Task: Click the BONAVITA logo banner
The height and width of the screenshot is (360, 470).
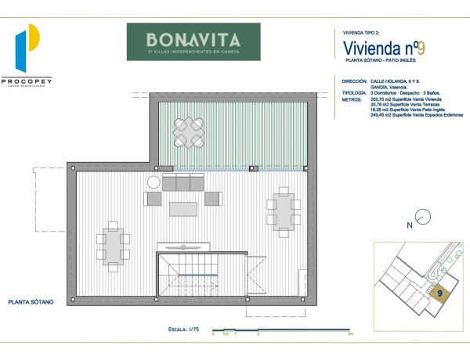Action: [x=193, y=41]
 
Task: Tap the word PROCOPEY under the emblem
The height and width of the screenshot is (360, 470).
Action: [x=27, y=80]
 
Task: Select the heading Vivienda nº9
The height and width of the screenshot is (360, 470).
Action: [x=384, y=47]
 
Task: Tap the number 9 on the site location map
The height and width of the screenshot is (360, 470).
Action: [x=440, y=293]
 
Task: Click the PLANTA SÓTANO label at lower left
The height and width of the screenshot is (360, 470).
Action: [x=31, y=301]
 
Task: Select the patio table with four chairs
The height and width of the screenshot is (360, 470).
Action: [x=188, y=132]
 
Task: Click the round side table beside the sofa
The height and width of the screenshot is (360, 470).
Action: [x=154, y=182]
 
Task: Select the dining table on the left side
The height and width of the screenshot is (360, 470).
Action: [x=114, y=247]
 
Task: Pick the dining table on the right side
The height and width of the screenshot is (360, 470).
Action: [x=283, y=210]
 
